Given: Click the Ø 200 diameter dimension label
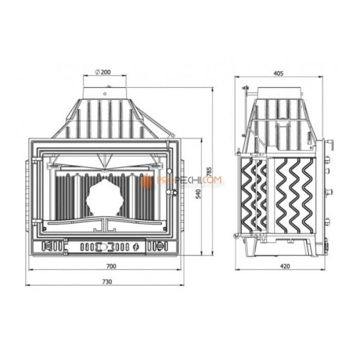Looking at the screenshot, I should pos(103,72).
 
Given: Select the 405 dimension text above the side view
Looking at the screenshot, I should pos(278,73).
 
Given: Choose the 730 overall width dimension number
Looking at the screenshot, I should pos(106,282).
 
